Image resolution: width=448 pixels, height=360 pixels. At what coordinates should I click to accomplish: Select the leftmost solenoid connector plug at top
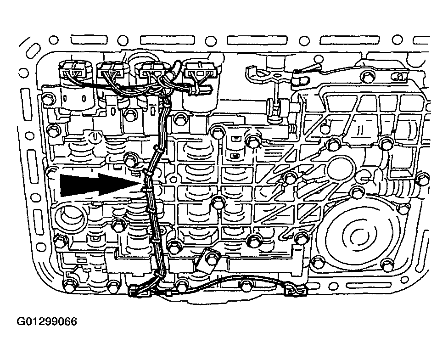tap(73, 70)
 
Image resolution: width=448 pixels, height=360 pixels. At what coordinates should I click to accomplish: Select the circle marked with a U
tap(94, 137)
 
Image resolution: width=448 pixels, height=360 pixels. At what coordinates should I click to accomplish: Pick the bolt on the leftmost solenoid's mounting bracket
tap(49, 98)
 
